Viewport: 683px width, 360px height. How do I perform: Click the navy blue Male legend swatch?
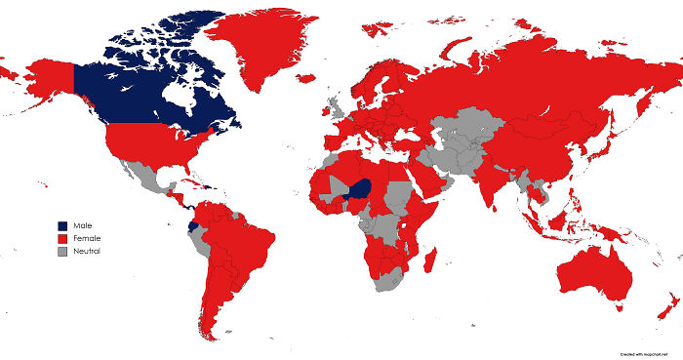click(x=62, y=225)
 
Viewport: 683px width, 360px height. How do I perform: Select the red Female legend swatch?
click(x=62, y=238)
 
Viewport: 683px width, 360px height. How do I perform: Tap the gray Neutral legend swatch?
click(x=62, y=251)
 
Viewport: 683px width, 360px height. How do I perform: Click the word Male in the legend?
click(x=82, y=225)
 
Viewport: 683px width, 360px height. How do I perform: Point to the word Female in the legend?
click(x=86, y=238)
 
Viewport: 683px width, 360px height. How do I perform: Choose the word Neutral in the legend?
click(x=87, y=251)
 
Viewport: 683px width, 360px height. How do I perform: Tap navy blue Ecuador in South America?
click(x=192, y=223)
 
